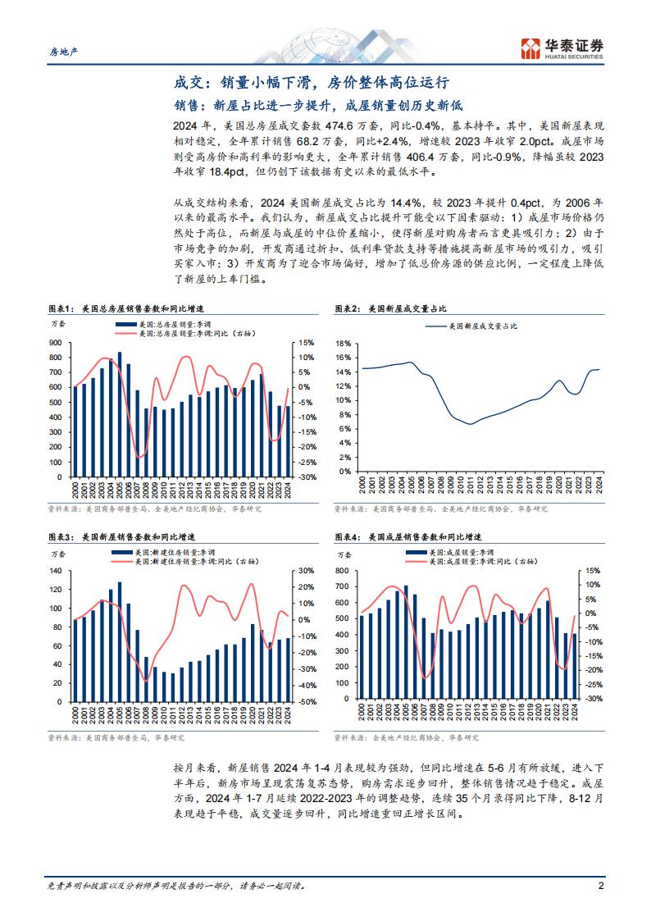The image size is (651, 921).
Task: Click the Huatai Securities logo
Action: point(562,48)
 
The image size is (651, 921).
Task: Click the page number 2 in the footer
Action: point(600,886)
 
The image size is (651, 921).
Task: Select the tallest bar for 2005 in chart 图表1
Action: point(120,414)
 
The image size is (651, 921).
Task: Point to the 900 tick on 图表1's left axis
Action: point(56,343)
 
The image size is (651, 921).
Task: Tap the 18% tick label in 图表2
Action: point(344,343)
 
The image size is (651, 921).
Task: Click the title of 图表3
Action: point(122,537)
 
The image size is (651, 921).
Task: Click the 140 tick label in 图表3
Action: point(56,571)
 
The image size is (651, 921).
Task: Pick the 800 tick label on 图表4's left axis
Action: point(342,570)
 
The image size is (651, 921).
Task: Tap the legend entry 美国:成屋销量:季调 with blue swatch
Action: point(450,553)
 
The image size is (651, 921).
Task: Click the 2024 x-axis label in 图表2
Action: point(599,486)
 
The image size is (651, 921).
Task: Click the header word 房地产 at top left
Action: point(63,52)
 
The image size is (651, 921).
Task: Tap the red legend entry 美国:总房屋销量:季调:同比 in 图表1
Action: point(186,333)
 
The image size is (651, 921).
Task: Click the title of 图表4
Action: point(408,537)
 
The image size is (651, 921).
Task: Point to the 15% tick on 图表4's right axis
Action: point(593,570)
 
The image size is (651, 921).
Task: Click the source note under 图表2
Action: point(441,508)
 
